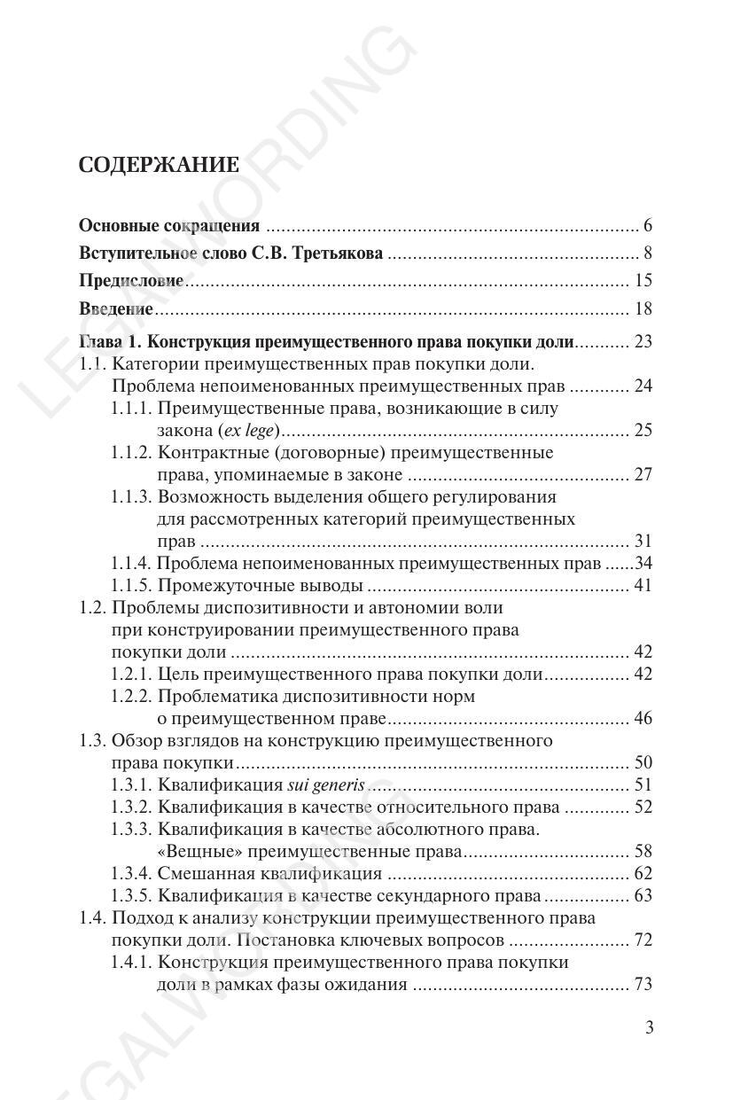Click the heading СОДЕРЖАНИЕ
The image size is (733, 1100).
[x=159, y=165]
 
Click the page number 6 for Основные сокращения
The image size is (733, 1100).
[x=648, y=225]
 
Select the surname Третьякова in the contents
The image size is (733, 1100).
[x=339, y=254]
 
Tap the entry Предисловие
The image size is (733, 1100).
[x=131, y=281]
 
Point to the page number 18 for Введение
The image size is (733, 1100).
[x=643, y=309]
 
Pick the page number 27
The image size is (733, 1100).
[x=643, y=475]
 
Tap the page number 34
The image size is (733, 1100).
[x=643, y=564]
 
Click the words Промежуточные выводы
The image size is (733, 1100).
[x=261, y=586]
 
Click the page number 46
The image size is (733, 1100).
[x=643, y=719]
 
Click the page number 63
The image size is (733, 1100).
[x=643, y=896]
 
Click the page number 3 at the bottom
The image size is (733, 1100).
[x=649, y=1028]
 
